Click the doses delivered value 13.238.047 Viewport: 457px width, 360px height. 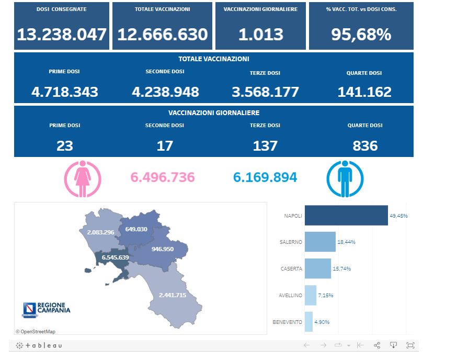click(62, 35)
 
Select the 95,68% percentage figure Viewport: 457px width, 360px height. click(361, 35)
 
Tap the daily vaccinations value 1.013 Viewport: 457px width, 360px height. click(261, 35)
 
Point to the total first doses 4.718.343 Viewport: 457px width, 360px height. click(65, 92)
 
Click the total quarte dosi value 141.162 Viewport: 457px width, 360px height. click(364, 92)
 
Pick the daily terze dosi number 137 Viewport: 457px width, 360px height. click(265, 145)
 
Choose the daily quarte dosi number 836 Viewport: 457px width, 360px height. click(365, 145)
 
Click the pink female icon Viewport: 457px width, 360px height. click(83, 179)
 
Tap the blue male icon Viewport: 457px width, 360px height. click(344, 179)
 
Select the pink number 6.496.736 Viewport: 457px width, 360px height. click(163, 177)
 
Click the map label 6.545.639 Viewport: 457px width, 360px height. click(115, 257)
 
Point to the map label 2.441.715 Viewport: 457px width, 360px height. click(179, 295)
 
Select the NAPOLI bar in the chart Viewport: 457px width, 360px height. click(346, 216)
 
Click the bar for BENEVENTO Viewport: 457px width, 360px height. click(309, 322)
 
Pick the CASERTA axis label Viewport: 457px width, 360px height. click(292, 269)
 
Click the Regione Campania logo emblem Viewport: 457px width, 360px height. click(30, 310)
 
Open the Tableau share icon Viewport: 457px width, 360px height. click(377, 345)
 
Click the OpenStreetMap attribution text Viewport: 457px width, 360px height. click(36, 331)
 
